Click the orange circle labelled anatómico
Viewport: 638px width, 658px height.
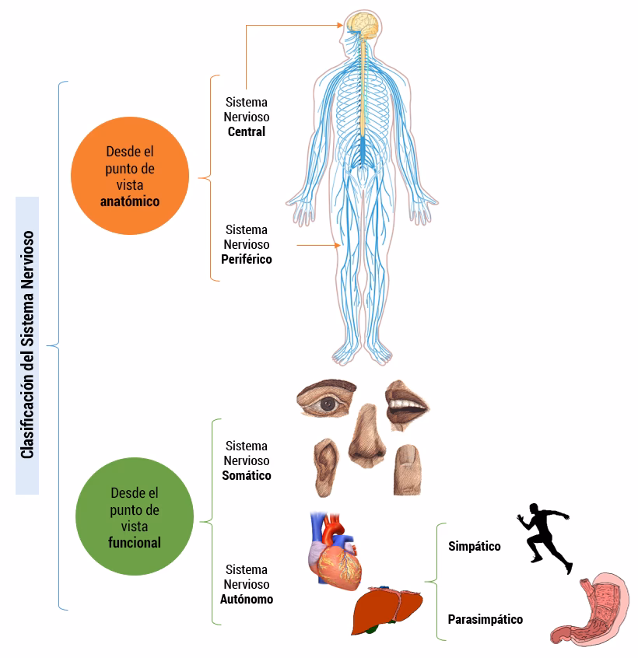click(130, 176)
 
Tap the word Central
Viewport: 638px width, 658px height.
click(246, 132)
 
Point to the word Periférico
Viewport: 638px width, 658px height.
click(246, 259)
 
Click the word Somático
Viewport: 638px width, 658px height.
click(246, 475)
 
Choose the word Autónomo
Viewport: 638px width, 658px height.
click(246, 599)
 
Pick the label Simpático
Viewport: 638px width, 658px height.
click(474, 546)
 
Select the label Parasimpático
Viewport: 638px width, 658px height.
click(485, 619)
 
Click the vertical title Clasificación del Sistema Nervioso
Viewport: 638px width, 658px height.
click(27, 345)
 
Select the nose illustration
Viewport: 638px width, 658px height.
click(363, 440)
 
